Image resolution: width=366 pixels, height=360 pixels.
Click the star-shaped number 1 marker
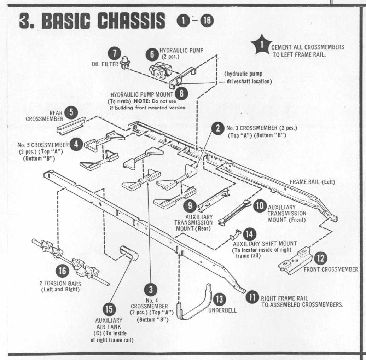coord(261,45)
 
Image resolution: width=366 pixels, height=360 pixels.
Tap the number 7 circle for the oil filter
coord(114,53)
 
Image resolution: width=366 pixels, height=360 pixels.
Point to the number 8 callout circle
coord(181,93)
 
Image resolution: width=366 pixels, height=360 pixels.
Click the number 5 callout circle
coord(71,112)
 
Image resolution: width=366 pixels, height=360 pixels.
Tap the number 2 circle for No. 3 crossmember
coord(218,128)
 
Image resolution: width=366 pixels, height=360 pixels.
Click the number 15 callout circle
coord(109,309)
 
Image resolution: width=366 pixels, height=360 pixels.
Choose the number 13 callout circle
coord(219,299)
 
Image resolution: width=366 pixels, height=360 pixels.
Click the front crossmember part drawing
coord(295,261)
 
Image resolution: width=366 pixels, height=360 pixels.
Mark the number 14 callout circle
coord(250,234)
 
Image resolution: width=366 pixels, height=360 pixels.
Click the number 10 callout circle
coord(260,206)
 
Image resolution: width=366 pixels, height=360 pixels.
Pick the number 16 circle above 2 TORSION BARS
coord(62,271)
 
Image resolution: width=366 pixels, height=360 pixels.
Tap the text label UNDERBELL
coord(222,311)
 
